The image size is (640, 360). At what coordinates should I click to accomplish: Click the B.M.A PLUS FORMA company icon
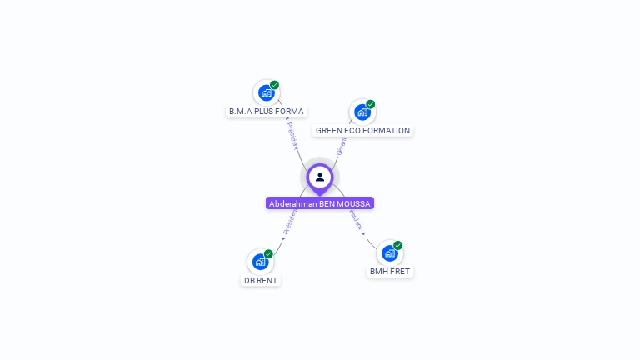(266, 92)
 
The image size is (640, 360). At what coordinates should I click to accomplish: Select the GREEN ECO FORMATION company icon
(362, 112)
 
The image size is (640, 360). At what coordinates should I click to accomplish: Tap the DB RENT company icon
(260, 262)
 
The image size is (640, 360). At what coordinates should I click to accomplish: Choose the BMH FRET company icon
(389, 253)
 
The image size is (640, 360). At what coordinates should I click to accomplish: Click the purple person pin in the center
(320, 177)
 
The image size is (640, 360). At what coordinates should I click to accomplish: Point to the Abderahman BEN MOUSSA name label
(320, 203)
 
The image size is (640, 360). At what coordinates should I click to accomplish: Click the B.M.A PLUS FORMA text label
(267, 111)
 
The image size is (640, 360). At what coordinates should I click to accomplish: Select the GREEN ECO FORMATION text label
(362, 131)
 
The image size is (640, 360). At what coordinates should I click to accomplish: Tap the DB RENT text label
(261, 281)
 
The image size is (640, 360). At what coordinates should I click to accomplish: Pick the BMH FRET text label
(390, 272)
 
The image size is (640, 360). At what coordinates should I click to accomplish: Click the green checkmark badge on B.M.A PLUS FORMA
(274, 85)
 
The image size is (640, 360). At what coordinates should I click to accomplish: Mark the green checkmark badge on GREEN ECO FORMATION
(370, 104)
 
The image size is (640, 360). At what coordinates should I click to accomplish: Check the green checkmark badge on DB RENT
(268, 253)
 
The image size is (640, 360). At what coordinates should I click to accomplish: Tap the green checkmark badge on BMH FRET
(397, 245)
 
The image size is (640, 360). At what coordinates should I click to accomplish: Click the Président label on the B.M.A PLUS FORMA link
(292, 136)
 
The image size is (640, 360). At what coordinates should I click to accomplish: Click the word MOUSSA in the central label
(354, 203)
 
